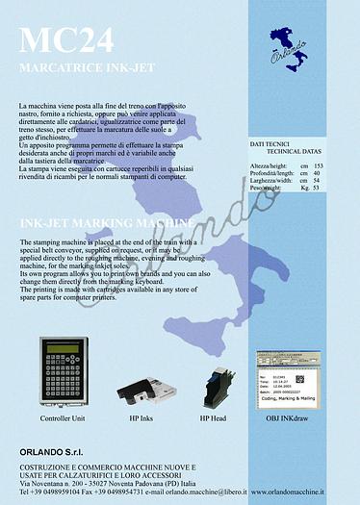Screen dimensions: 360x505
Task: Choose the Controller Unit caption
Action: (x=63, y=420)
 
